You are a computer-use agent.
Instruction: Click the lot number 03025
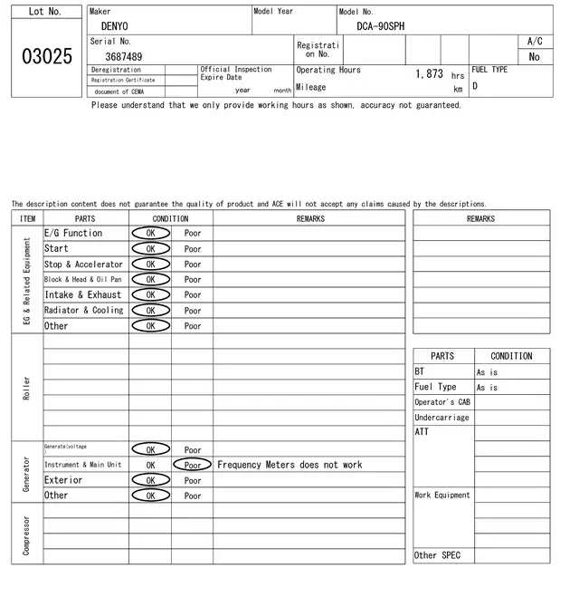[46, 56]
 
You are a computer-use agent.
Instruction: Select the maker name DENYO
[114, 26]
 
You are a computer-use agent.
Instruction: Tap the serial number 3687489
[123, 56]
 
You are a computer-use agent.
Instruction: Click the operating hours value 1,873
[429, 73]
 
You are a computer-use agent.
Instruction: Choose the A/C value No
[534, 56]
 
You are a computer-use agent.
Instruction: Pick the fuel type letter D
[475, 87]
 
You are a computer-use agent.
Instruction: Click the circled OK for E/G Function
[150, 233]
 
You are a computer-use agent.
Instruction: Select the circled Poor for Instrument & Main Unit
[193, 465]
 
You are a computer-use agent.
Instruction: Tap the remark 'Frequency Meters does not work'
[289, 465]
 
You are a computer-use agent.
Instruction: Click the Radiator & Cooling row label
[84, 310]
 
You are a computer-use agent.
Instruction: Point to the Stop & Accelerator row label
[84, 265]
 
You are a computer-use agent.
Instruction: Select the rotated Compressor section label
[27, 535]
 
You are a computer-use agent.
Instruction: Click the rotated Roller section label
[27, 388]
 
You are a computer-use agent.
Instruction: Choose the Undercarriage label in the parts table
[441, 418]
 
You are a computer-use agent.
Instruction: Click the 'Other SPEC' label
[437, 555]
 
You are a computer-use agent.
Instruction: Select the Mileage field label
[310, 87]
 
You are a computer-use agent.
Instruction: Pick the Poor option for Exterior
[193, 480]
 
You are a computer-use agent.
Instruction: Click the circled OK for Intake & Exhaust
[150, 294]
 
